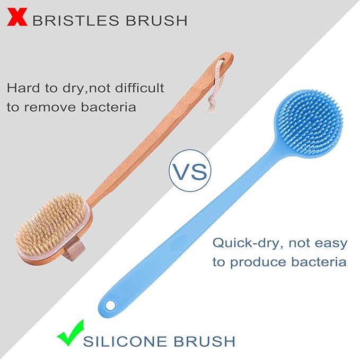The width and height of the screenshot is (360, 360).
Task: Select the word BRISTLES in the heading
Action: tap(78, 21)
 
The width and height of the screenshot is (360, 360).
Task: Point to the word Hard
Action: tap(24, 87)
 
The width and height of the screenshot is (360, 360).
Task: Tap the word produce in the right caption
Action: tap(258, 262)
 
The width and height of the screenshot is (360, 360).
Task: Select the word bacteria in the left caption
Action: tap(112, 107)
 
